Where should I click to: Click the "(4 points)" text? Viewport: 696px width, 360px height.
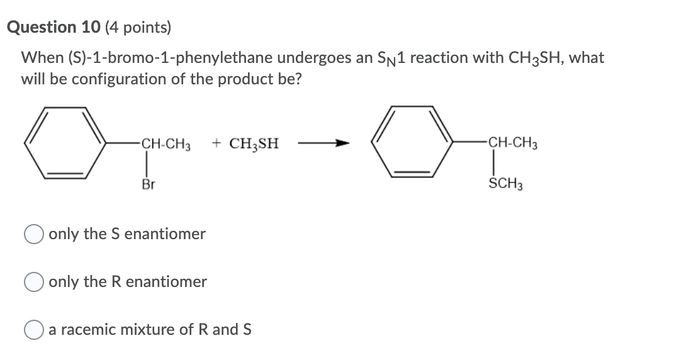click(x=132, y=27)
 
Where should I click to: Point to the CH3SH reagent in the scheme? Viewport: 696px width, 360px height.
click(x=254, y=144)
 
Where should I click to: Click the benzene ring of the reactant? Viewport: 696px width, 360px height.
click(x=69, y=143)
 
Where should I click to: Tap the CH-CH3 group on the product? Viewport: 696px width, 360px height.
click(x=512, y=144)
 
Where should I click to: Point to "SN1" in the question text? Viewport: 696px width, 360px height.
click(x=339, y=59)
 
